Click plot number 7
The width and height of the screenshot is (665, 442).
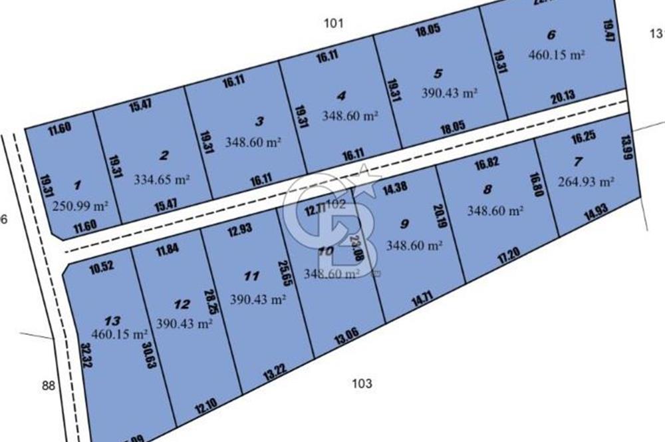[x=578, y=161]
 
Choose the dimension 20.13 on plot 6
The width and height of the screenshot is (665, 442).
[x=563, y=98]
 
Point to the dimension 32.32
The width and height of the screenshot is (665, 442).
[x=85, y=356]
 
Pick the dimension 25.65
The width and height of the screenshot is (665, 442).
[x=282, y=274]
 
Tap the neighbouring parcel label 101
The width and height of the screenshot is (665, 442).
[x=333, y=24]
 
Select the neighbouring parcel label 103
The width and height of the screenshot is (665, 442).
[x=362, y=383]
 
